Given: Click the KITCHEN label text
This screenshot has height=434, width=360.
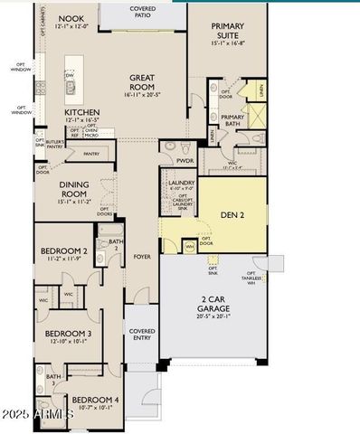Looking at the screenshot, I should point(81,113).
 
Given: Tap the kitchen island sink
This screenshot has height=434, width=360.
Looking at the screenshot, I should point(70,88).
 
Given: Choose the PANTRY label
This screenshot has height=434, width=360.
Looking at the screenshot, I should point(90,154).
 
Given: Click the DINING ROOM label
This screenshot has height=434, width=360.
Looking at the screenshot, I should point(74,188).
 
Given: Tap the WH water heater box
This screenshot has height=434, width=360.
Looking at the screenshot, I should point(189,245).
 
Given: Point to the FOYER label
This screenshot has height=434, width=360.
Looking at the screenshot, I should point(143,256).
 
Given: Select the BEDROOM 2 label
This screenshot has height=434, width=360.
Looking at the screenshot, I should point(64,251).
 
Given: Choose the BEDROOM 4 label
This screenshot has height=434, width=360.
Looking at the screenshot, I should point(95,400).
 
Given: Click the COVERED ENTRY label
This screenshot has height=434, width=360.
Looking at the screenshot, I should point(141,337).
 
